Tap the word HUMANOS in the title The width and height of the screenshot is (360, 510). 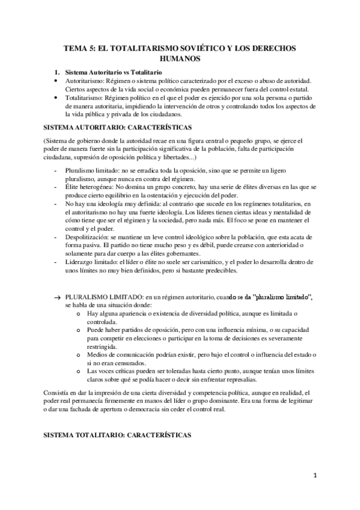pos(180,58)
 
